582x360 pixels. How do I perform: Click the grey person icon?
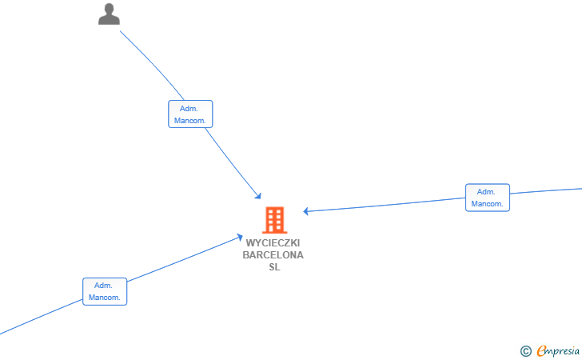(109, 14)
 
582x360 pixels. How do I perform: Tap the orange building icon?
(275, 220)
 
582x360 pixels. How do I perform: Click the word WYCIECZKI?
(273, 243)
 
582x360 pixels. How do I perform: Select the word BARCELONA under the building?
(273, 255)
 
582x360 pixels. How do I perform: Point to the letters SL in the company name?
(274, 267)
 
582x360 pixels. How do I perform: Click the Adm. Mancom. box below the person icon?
(190, 114)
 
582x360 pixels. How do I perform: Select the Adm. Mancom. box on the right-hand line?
(488, 198)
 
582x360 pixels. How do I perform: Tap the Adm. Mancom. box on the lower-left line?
(105, 292)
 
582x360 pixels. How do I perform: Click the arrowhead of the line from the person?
(258, 196)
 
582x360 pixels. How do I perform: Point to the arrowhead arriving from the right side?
(306, 211)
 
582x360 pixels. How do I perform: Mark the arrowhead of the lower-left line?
(240, 237)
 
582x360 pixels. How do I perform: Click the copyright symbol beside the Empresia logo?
(525, 351)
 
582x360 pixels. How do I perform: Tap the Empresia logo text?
(558, 350)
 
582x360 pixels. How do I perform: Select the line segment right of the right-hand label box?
(546, 191)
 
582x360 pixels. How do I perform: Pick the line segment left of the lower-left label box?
(41, 317)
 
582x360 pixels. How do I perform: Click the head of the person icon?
(109, 9)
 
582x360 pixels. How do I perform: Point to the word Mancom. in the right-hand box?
(487, 204)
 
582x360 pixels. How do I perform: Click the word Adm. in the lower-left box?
(103, 286)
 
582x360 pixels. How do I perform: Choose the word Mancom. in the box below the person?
(189, 121)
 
